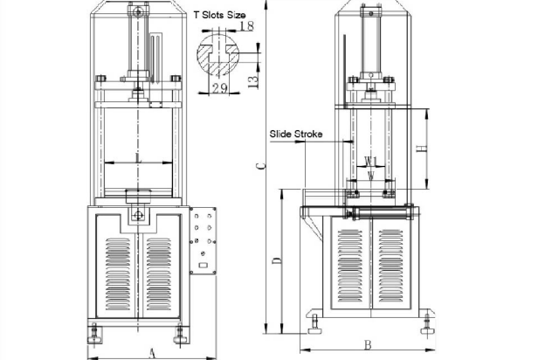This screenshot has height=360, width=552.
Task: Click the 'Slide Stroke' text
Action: pyautogui.click(x=296, y=135)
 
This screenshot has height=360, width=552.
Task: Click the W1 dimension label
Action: pyautogui.click(x=369, y=161)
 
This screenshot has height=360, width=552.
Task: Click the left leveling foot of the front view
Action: pyautogui.click(x=95, y=333)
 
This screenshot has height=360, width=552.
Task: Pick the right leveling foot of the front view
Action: pyautogui.click(x=183, y=333)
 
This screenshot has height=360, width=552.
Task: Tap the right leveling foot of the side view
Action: pyautogui.click(x=425, y=329)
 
